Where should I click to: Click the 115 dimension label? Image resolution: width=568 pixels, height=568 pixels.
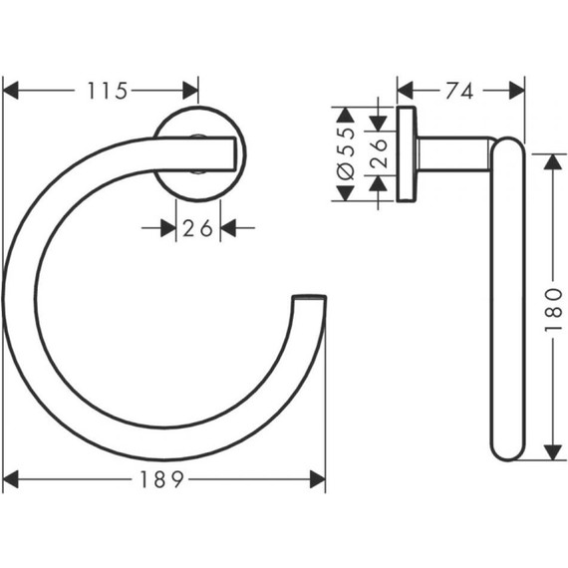coord(108,91)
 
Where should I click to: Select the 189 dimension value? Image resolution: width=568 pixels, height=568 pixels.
coord(161,479)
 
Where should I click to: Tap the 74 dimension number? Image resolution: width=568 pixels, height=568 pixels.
coord(459,91)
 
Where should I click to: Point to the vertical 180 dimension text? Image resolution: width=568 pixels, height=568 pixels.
coord(553,309)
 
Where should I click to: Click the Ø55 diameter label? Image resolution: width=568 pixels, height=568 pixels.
coord(345,153)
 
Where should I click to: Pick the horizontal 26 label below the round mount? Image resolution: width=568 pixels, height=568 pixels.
coord(197,228)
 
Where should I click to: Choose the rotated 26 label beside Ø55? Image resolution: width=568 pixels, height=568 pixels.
coord(379,153)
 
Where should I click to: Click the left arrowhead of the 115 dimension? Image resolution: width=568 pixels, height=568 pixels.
coord(10,91)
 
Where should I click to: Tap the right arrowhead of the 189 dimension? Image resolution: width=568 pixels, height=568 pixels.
coord(318,479)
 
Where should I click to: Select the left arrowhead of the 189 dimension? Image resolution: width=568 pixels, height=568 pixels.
coord(10,479)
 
